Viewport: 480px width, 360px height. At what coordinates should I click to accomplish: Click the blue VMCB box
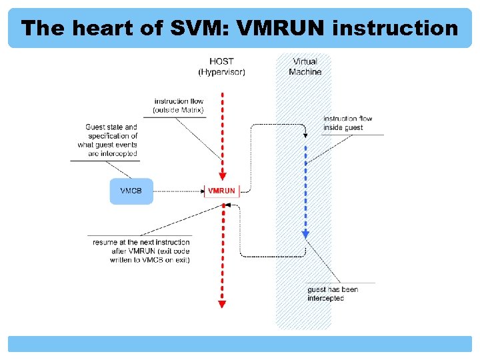click(131, 191)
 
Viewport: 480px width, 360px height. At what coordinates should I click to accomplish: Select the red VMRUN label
click(221, 191)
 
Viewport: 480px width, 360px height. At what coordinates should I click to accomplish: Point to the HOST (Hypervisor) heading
click(221, 67)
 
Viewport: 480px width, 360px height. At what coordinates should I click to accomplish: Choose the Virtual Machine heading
click(305, 67)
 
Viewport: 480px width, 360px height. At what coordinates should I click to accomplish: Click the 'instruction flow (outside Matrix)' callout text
click(178, 105)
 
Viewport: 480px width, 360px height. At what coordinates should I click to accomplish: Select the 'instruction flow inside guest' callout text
click(348, 123)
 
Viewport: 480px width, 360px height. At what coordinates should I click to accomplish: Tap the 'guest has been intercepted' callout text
click(333, 294)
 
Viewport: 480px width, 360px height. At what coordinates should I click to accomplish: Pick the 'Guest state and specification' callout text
click(109, 140)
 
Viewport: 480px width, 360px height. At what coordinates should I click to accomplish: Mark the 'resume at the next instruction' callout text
click(141, 251)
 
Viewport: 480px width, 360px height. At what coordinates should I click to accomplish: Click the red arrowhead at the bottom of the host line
click(222, 304)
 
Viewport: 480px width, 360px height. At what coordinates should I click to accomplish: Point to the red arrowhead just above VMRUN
click(222, 177)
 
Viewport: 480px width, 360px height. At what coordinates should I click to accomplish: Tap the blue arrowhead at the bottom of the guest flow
click(305, 234)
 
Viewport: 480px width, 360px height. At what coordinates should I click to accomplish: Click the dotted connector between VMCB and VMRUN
click(178, 191)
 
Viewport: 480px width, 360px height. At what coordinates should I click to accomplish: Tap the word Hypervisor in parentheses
click(221, 72)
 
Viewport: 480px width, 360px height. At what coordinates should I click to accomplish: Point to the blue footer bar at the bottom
click(240, 344)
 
